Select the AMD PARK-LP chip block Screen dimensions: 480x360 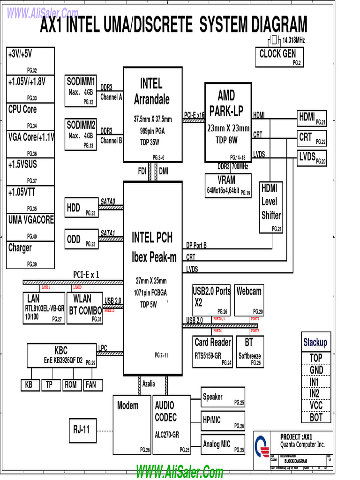228,122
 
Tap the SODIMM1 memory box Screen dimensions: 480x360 81,90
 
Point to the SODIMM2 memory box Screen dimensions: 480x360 81,134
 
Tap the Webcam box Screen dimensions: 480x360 249,300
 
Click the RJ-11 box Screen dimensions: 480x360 82,429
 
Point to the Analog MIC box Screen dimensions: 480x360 223,444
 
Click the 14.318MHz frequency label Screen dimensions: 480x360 293,41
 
